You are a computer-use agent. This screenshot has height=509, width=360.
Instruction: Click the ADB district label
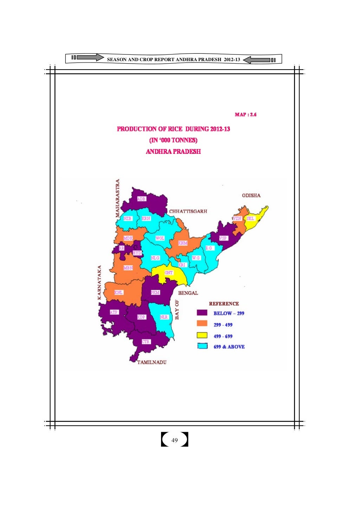tap(141, 199)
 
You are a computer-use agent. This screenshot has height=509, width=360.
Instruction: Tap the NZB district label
tap(128, 218)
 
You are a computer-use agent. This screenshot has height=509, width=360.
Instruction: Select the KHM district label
tap(183, 243)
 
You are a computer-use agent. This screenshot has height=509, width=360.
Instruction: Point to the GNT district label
tap(169, 273)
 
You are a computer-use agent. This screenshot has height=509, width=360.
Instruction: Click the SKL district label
tap(250, 218)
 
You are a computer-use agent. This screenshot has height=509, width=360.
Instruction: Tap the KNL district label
tap(119, 292)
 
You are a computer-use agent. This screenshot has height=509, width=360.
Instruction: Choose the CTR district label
tap(146, 342)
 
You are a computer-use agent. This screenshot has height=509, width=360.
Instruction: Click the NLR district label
tap(164, 317)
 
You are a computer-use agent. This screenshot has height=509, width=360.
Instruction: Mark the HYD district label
tap(137, 253)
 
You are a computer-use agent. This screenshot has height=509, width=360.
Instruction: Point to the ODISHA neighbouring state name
tap(251, 195)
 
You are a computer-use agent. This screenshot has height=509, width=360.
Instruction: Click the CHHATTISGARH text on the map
tap(188, 211)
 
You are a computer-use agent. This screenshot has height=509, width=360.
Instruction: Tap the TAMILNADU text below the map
tap(152, 362)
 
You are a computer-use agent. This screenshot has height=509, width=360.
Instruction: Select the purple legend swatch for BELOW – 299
tap(202, 313)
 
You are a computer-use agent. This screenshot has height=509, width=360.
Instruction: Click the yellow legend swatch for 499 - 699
tap(202, 335)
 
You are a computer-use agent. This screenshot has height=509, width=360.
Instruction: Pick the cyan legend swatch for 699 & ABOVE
tap(202, 346)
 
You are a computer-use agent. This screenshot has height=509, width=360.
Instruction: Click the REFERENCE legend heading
tap(224, 304)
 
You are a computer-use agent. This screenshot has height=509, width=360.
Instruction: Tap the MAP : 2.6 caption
tap(245, 115)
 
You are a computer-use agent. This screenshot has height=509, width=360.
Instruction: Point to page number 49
tap(174, 440)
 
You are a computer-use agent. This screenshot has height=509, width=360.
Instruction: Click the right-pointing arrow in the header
tap(90, 57)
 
